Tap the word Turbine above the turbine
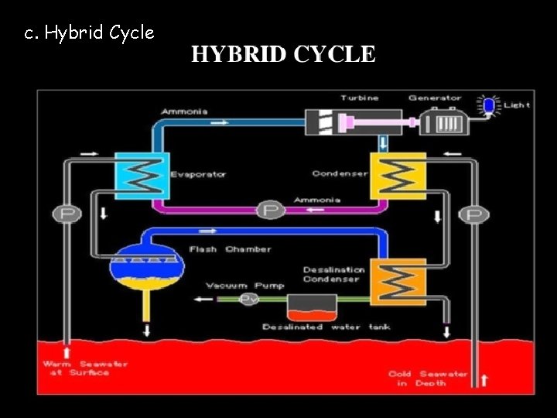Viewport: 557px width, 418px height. [x=360, y=98]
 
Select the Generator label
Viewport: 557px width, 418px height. [x=435, y=98]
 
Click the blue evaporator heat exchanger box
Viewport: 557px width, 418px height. [x=140, y=173]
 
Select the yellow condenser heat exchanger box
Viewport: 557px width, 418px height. [x=398, y=174]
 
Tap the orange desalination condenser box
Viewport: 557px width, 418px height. [x=398, y=279]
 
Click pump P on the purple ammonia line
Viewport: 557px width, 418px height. [x=269, y=210]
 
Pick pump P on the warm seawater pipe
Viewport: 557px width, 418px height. [x=67, y=214]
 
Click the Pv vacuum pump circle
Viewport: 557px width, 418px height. [x=249, y=299]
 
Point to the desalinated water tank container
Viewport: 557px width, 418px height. [x=312, y=308]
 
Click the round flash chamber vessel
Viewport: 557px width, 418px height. [x=145, y=266]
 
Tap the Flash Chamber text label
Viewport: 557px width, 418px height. [x=231, y=249]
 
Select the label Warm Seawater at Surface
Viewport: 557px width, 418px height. [x=85, y=368]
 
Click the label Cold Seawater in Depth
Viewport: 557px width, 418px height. [x=428, y=378]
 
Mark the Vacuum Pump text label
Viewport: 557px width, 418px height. [x=234, y=286]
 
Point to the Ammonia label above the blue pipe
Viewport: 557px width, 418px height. [x=184, y=111]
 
